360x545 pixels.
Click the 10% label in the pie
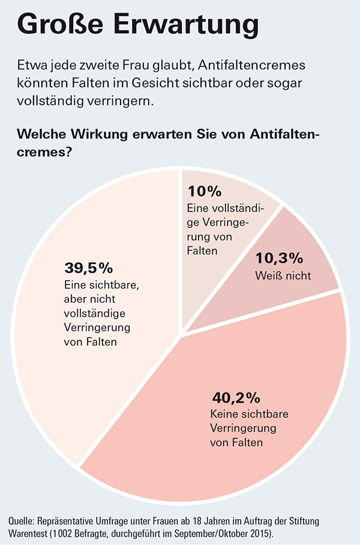coord(205,191)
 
